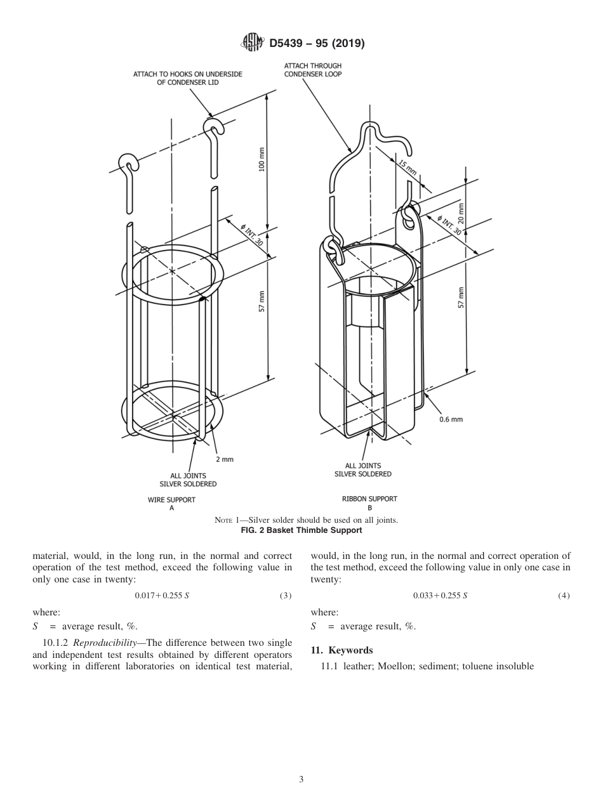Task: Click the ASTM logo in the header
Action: [x=252, y=44]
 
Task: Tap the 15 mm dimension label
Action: [x=406, y=168]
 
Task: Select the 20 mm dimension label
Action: [x=461, y=213]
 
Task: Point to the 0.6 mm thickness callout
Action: [x=451, y=419]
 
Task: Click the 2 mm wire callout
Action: [x=225, y=459]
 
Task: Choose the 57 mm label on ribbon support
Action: [x=461, y=298]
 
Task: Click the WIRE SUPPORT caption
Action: [x=171, y=499]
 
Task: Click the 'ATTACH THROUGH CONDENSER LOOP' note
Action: [x=312, y=70]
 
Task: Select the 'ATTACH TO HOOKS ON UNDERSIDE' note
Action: [x=187, y=78]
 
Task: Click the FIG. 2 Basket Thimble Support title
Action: [x=301, y=530]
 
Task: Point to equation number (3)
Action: [x=285, y=596]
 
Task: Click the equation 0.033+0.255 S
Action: [x=440, y=596]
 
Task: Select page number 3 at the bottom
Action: [x=301, y=779]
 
